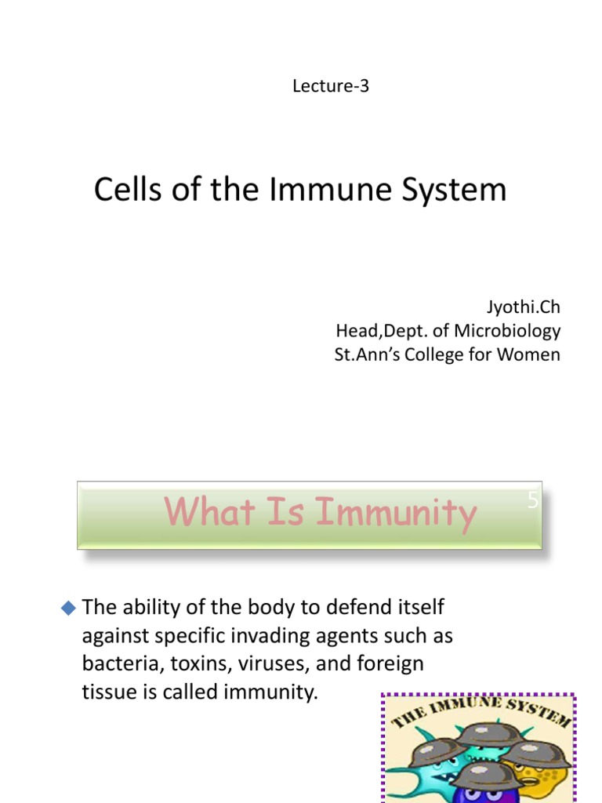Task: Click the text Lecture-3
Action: click(x=330, y=86)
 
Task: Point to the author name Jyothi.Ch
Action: click(x=524, y=307)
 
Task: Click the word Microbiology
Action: click(x=507, y=331)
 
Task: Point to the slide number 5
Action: click(x=533, y=500)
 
